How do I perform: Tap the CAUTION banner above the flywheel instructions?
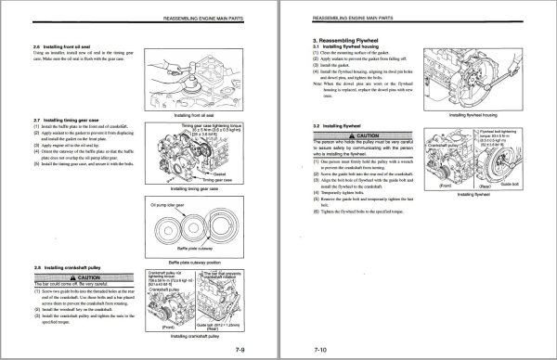click(364, 135)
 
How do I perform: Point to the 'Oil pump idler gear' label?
click(170, 201)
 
